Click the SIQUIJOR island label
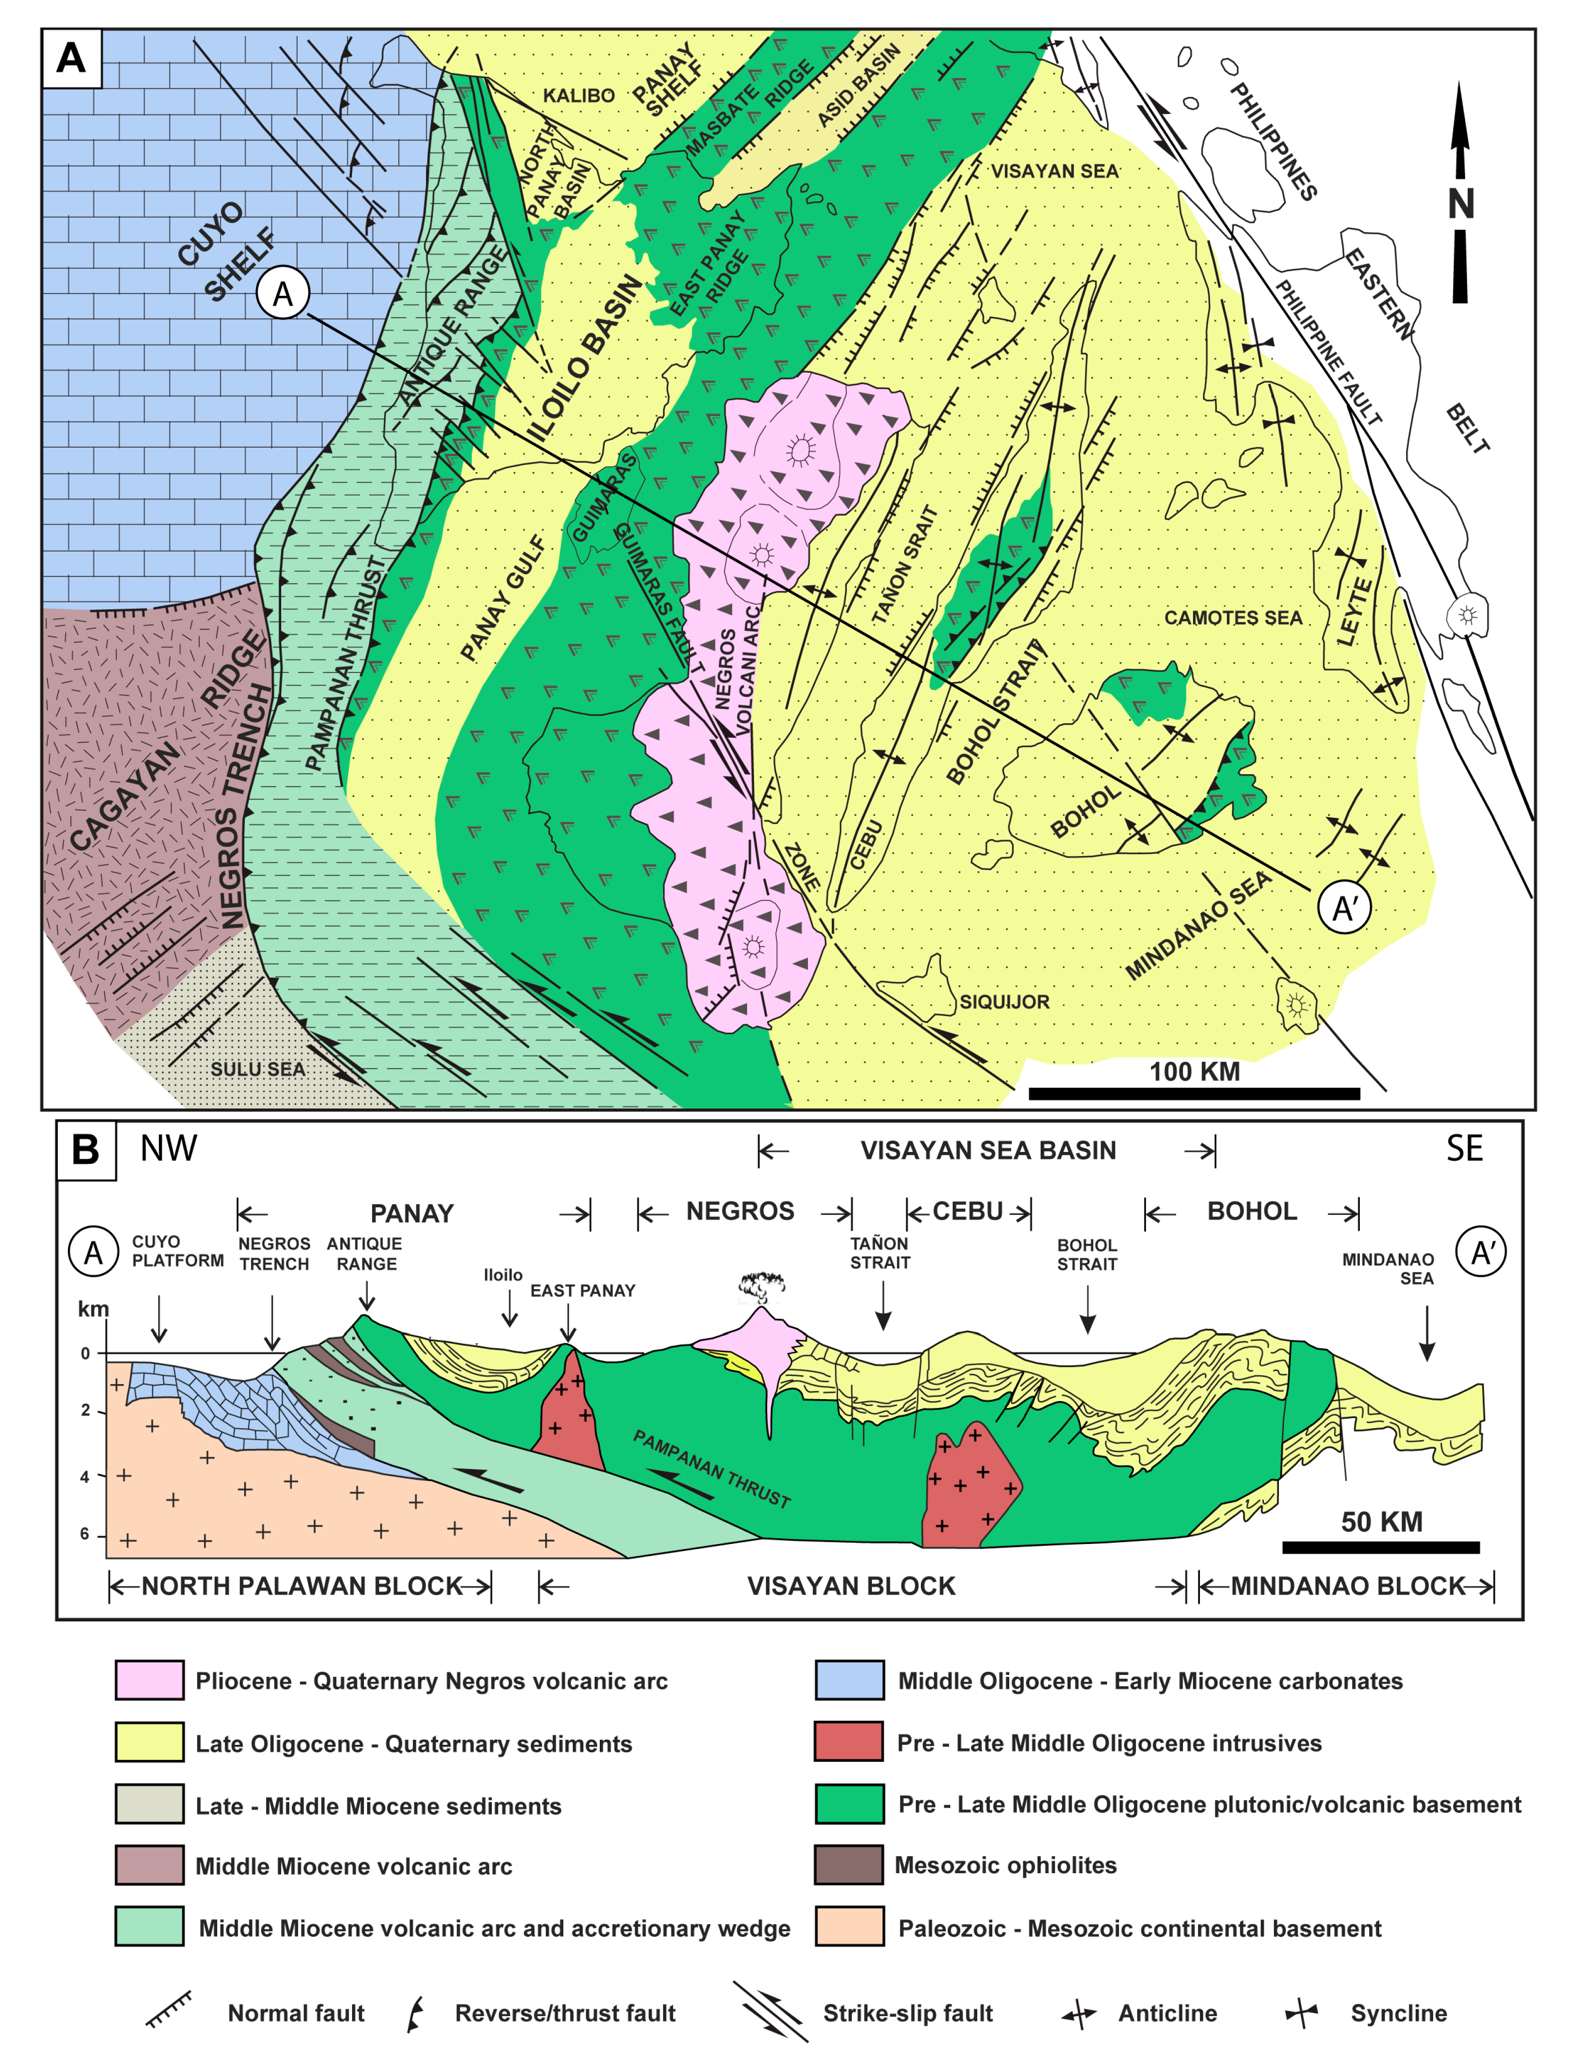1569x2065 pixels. click(1005, 1002)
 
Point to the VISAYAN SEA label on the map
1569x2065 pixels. click(1054, 171)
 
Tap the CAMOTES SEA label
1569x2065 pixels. click(1233, 617)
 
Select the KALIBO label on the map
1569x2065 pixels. click(579, 95)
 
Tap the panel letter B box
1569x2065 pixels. click(86, 1150)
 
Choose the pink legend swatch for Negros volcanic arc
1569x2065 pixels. click(149, 1680)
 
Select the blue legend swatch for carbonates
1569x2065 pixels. click(849, 1680)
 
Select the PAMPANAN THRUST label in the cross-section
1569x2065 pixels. click(712, 1469)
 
